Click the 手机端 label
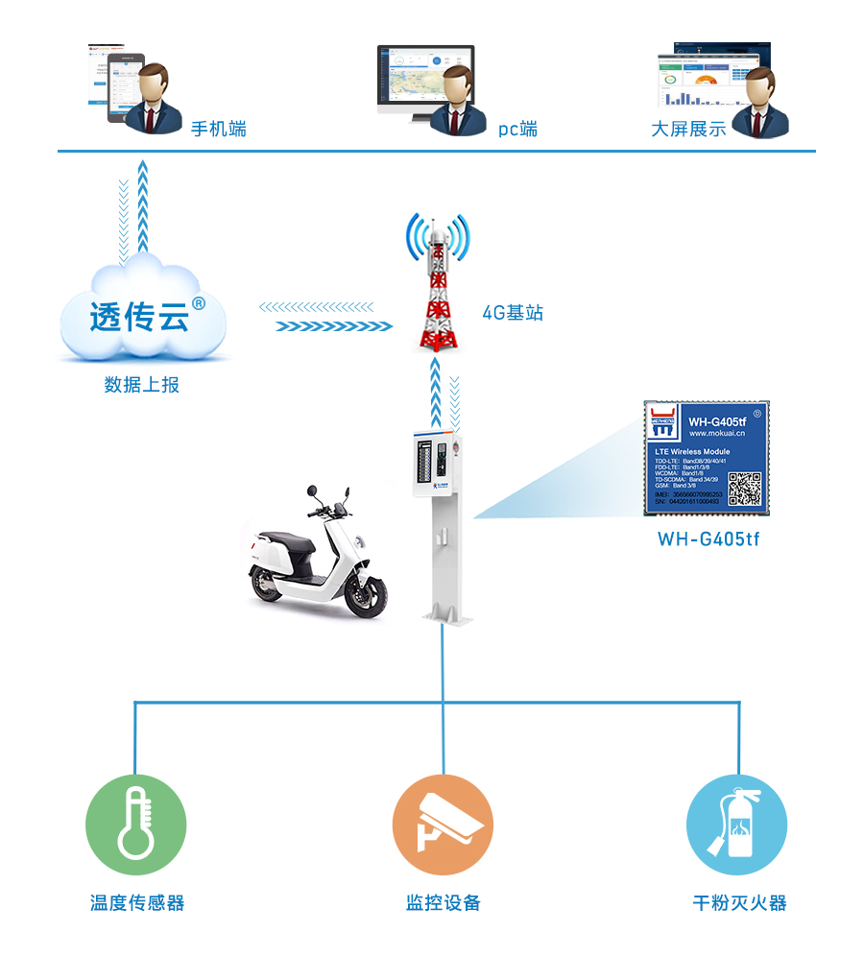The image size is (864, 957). click(x=219, y=129)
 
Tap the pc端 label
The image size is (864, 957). click(x=517, y=129)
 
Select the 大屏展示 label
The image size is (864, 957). click(x=688, y=129)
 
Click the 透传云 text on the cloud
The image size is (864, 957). click(x=139, y=317)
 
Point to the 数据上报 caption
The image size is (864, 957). click(x=142, y=385)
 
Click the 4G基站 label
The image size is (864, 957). click(x=513, y=313)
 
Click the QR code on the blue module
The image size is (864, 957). click(x=744, y=488)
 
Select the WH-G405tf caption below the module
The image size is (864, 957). click(x=708, y=539)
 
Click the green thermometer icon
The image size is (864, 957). click(x=135, y=825)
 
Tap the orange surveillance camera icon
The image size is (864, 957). click(x=443, y=825)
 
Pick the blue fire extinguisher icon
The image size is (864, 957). click(x=736, y=825)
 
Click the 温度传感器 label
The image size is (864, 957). click(x=136, y=903)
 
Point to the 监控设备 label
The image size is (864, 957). click(x=443, y=903)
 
